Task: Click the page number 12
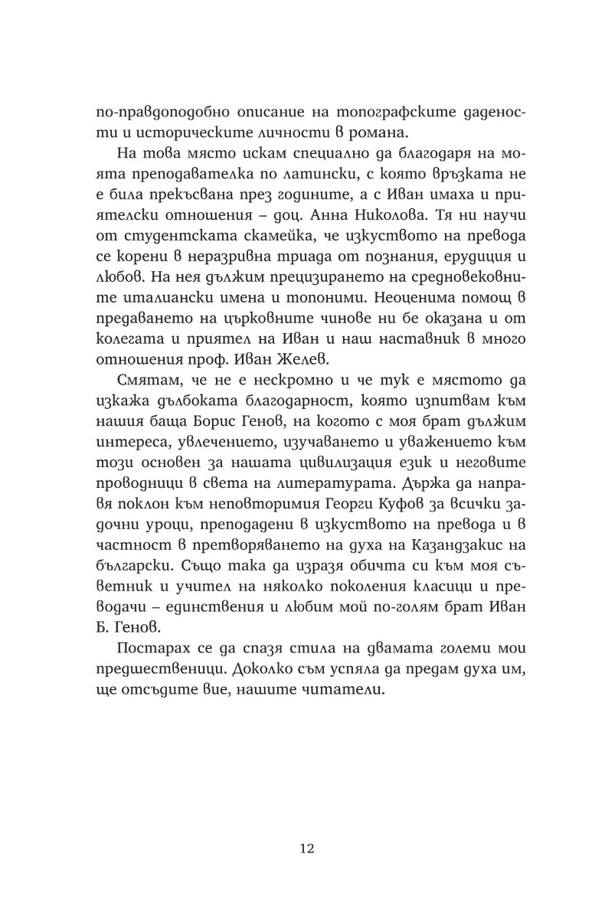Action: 305,849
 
